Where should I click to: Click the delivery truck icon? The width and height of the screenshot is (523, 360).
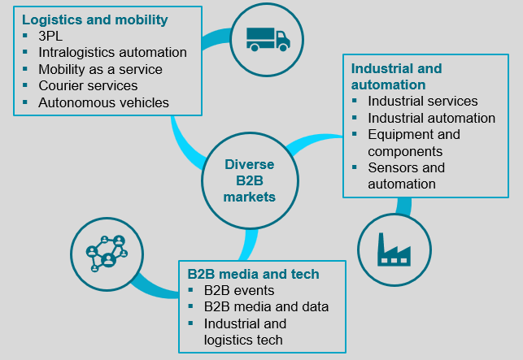[268, 37]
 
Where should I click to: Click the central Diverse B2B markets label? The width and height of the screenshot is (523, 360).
[251, 180]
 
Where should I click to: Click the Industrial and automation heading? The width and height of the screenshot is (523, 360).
[395, 76]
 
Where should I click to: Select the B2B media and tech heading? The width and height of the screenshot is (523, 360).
[252, 274]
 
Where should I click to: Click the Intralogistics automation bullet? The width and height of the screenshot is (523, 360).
[112, 53]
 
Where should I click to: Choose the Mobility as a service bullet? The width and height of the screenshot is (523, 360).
[100, 69]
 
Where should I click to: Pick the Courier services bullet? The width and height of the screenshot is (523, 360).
[88, 85]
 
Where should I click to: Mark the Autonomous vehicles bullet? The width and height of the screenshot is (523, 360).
[103, 102]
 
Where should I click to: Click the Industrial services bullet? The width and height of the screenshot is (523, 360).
[422, 102]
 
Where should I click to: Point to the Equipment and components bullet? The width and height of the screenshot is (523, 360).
[413, 142]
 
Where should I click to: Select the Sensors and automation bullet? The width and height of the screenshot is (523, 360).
[406, 176]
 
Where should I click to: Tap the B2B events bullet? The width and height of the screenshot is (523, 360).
[239, 290]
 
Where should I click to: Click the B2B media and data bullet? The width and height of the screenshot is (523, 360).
[266, 306]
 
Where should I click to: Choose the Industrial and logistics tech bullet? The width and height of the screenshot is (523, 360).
[245, 332]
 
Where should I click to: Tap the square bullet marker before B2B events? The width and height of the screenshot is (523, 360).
[191, 290]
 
